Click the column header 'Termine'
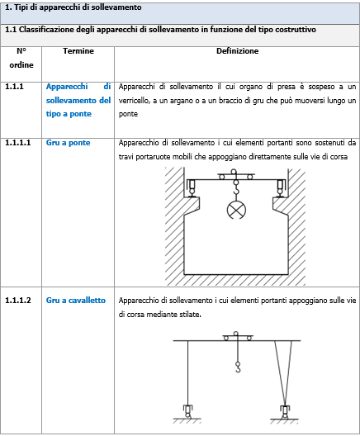(x=78, y=51)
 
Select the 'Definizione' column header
(x=238, y=51)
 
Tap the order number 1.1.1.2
(x=18, y=301)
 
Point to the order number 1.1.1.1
(x=18, y=143)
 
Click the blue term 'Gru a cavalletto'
(x=76, y=301)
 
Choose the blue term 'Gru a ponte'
(x=68, y=143)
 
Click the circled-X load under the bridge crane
(x=236, y=210)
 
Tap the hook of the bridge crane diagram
(x=236, y=190)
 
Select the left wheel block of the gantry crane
(x=188, y=411)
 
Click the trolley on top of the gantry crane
(x=238, y=337)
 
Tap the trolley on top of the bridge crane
(x=236, y=175)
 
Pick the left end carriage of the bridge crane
(x=192, y=187)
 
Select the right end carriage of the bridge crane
(x=280, y=187)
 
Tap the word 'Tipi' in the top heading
(x=20, y=7)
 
